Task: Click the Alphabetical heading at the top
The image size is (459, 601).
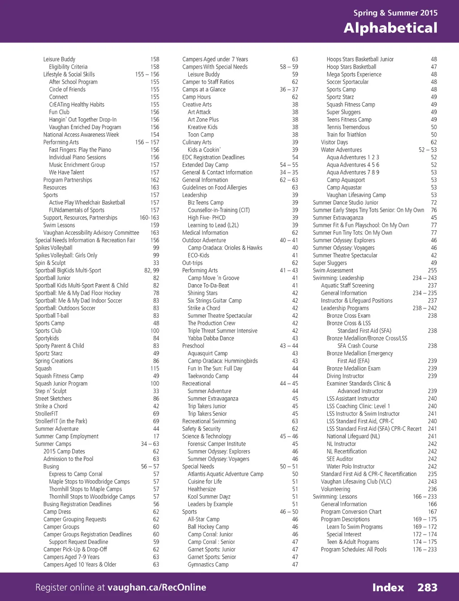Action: click(390, 28)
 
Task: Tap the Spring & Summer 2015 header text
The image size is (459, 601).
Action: click(395, 13)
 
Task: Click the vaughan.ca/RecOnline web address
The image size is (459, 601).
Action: click(157, 588)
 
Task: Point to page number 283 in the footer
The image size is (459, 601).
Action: click(427, 588)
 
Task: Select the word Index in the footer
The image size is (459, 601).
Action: click(388, 588)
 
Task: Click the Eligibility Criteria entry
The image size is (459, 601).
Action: click(68, 67)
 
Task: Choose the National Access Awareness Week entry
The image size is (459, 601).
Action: click(81, 135)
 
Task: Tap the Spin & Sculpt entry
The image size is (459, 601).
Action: click(50, 263)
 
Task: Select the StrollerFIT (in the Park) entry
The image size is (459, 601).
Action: click(61, 421)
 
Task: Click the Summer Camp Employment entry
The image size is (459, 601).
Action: click(67, 436)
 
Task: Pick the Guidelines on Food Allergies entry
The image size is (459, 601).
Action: click(214, 188)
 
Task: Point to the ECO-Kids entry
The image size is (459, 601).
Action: click(199, 255)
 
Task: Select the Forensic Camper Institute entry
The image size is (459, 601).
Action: click(217, 444)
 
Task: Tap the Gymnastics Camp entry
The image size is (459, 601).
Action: click(208, 565)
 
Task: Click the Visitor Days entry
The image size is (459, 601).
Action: click(334, 142)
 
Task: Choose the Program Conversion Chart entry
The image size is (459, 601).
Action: click(351, 512)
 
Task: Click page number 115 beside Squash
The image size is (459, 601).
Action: click(155, 368)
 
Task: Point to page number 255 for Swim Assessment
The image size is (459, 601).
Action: click(432, 271)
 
